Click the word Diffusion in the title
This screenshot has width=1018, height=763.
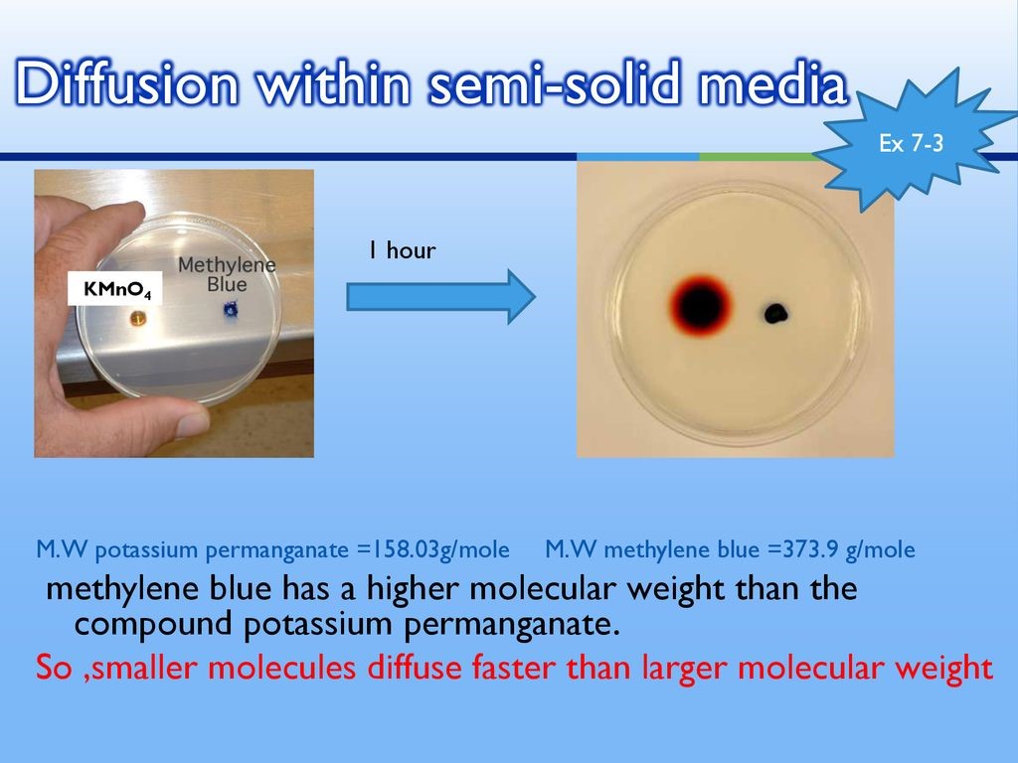coord(126,85)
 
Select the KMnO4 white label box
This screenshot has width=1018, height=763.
coord(114,290)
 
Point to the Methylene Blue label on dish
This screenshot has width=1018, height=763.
coord(227,275)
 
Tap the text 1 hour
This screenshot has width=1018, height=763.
coord(399,250)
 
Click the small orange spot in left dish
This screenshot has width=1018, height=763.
coord(137,318)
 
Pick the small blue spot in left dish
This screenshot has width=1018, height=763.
coord(232,312)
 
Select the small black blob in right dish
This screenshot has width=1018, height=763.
coord(776,314)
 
